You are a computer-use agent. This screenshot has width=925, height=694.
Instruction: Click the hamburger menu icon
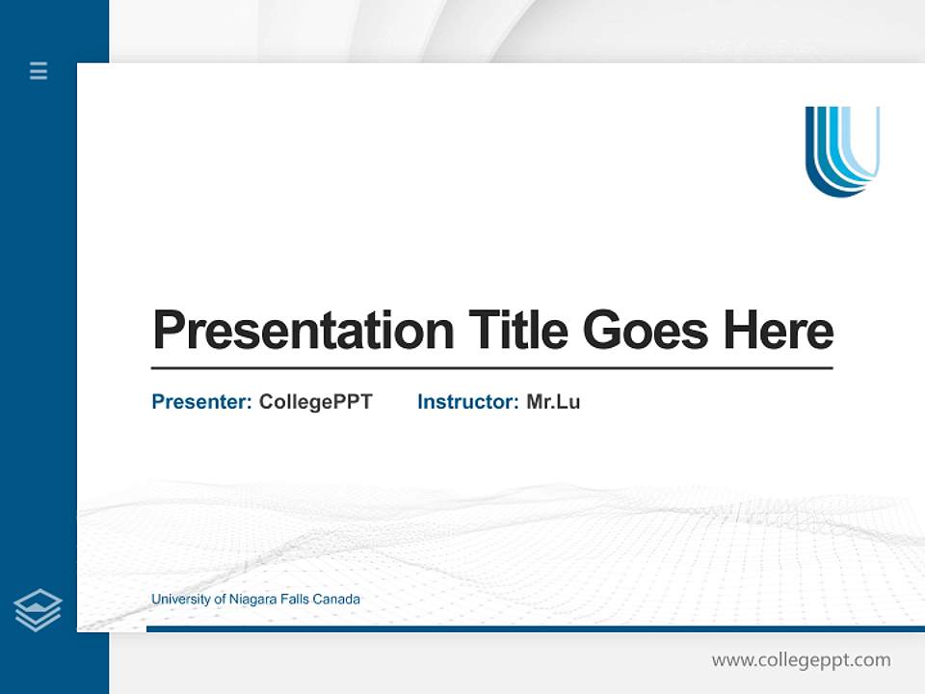(39, 70)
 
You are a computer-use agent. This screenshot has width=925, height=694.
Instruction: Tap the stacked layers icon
(38, 610)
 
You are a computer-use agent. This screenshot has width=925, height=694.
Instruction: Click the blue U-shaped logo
(842, 150)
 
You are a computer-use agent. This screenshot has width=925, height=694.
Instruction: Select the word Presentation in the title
(303, 331)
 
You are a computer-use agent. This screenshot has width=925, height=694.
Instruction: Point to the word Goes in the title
(647, 331)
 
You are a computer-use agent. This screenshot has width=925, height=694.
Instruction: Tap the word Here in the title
(778, 331)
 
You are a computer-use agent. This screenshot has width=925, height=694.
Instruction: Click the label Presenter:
(201, 402)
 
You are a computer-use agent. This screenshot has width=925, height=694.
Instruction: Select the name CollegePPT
(315, 402)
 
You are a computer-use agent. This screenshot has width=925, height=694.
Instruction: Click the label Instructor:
(467, 402)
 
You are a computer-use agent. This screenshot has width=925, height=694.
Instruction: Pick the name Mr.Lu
(553, 402)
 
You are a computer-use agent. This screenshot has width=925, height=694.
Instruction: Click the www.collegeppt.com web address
(801, 660)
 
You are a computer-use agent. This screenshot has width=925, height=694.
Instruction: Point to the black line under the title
(491, 368)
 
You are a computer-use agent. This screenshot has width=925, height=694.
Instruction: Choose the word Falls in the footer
(296, 600)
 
